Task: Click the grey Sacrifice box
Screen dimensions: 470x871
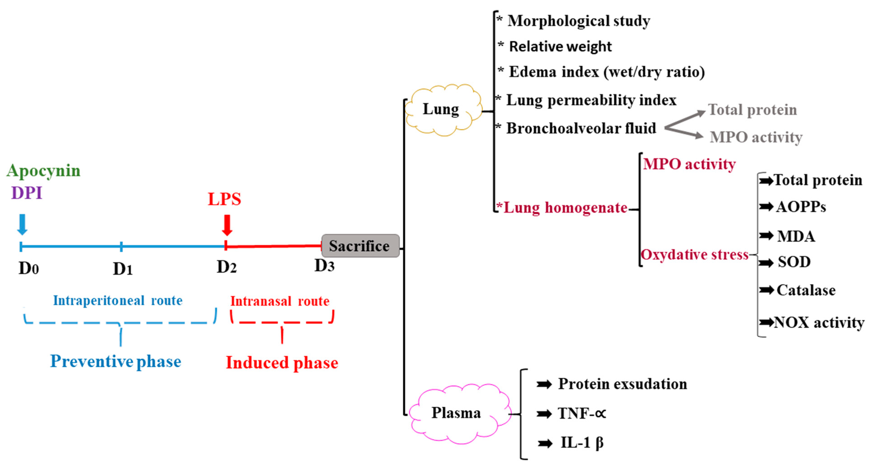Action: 360,246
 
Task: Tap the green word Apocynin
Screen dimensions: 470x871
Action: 44,170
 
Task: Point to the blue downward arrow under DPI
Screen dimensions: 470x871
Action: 22,224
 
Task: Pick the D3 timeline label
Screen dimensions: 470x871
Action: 324,266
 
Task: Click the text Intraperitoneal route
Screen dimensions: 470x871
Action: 118,300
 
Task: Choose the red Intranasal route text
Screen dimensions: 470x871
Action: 280,301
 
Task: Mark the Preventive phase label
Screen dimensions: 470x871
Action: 116,361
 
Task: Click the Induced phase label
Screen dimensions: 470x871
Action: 282,363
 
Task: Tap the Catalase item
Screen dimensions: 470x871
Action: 806,290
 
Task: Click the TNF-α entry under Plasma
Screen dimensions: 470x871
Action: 581,413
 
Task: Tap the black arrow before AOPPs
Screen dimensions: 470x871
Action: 766,206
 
